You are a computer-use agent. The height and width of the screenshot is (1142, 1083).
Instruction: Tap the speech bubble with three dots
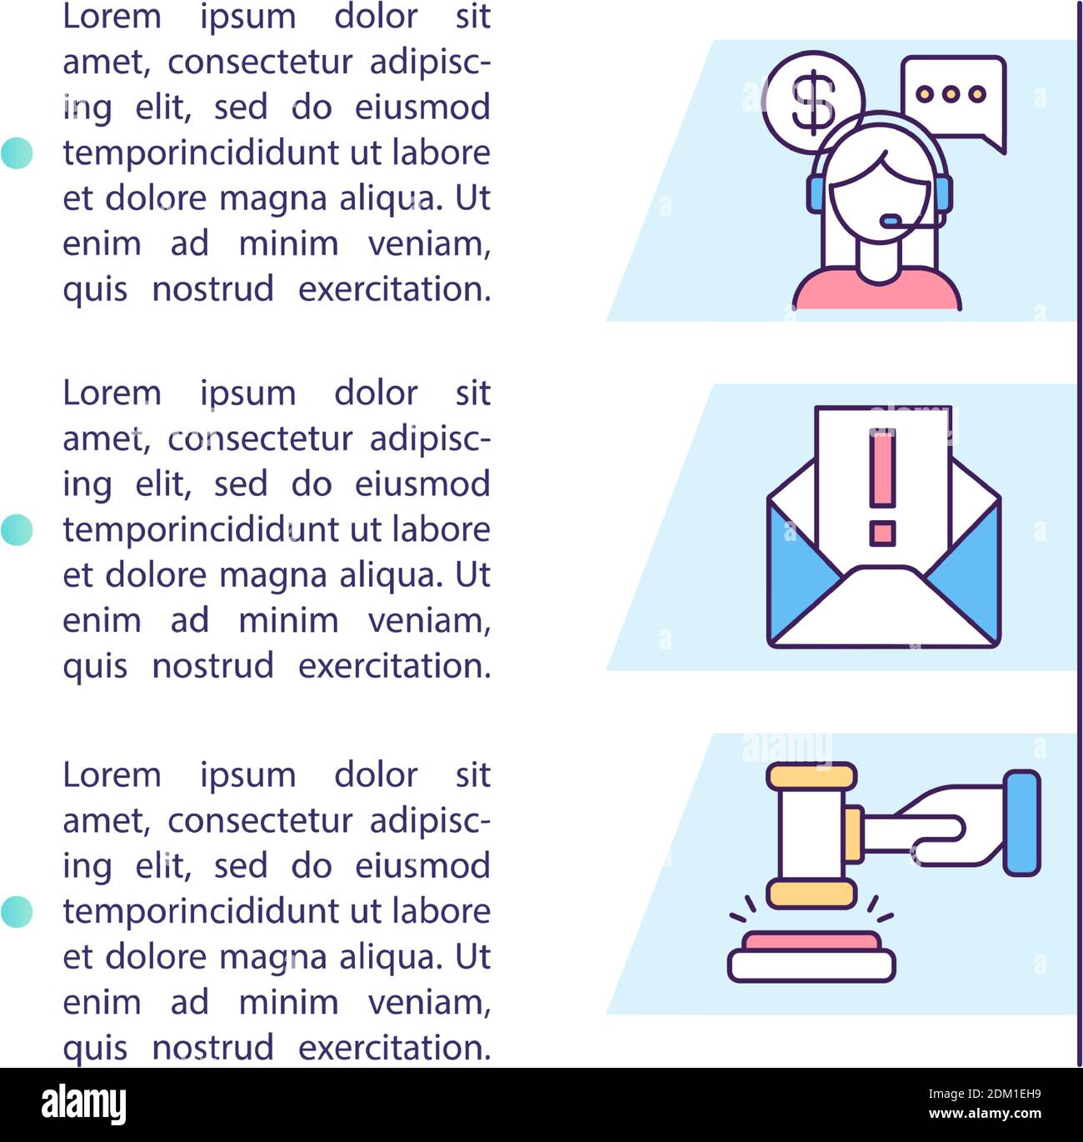[952, 96]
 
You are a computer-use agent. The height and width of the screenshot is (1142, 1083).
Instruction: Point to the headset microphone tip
[891, 222]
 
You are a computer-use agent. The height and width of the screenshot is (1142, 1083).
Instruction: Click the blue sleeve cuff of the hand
[1021, 823]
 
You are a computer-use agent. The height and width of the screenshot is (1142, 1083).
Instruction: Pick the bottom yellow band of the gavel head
[811, 894]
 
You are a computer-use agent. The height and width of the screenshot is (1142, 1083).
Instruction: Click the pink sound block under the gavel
[811, 942]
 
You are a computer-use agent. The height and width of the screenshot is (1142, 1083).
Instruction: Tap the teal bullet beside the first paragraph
[17, 153]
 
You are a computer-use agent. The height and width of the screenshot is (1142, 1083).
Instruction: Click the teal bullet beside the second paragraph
[17, 530]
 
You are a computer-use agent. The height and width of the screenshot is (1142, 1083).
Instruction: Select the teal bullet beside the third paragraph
[17, 912]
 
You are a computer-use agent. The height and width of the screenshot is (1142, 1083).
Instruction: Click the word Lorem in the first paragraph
[112, 17]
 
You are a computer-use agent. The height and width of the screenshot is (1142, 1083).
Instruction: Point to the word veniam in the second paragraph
[429, 620]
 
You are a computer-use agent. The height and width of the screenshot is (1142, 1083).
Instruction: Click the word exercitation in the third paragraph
[394, 1047]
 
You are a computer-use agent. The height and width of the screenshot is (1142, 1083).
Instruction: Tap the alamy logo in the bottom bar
[84, 1104]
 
